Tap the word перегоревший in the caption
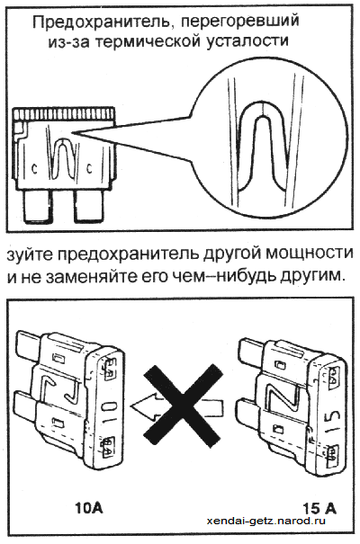point(239,23)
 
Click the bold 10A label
point(89,508)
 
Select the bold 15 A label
point(319,509)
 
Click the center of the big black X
point(183,406)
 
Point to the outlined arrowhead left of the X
point(143,406)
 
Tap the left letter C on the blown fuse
point(34,168)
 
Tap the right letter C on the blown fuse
point(89,169)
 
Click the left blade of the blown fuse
point(38,207)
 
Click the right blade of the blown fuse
point(88,207)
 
